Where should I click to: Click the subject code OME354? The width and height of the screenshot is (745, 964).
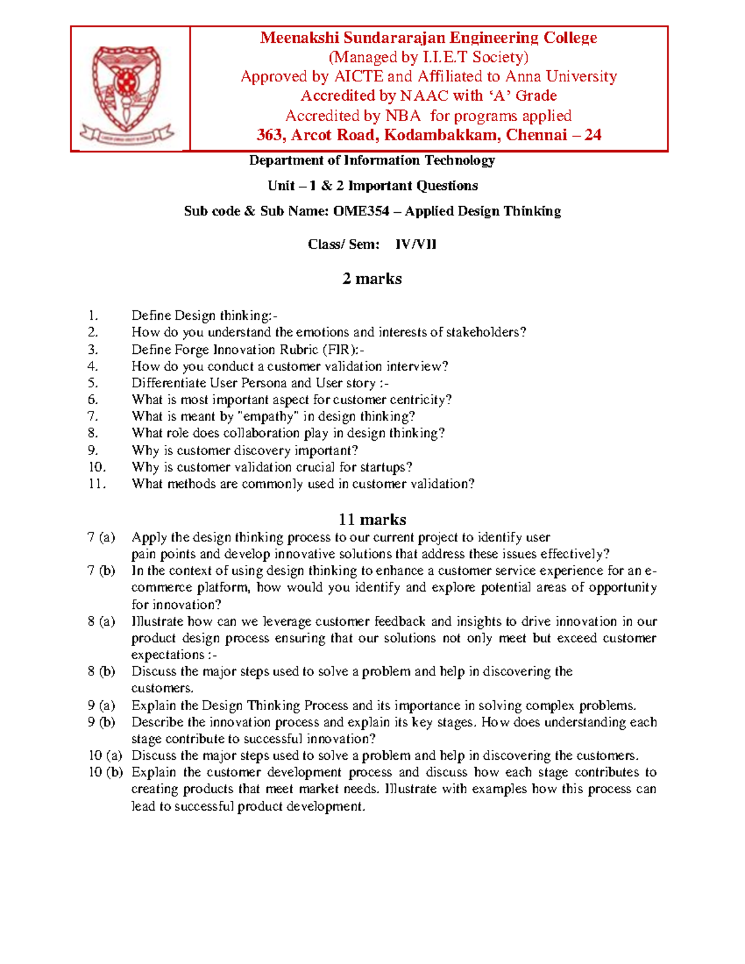(x=361, y=211)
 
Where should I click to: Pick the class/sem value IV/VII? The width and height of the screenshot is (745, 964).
(x=415, y=244)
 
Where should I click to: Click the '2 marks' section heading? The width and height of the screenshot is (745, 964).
(x=372, y=279)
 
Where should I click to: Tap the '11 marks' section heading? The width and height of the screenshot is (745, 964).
(x=372, y=520)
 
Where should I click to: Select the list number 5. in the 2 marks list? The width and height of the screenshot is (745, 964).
(x=93, y=383)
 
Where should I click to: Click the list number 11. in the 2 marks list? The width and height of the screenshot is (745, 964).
(x=97, y=484)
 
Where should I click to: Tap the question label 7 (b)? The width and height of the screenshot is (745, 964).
(x=101, y=570)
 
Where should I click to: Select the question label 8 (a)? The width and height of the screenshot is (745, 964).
(x=101, y=621)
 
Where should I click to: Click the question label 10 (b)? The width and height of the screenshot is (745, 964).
(x=106, y=772)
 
